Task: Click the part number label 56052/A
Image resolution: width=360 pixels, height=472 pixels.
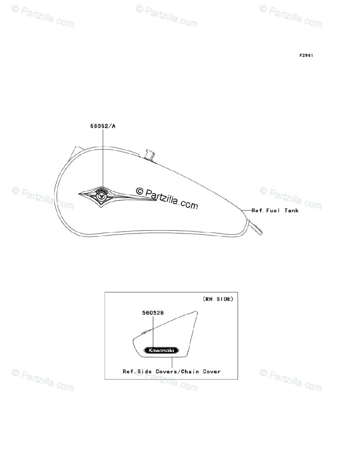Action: point(103,126)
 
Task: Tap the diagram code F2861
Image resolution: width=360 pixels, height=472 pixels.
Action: point(306,55)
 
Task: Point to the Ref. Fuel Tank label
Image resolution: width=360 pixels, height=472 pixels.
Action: point(275,210)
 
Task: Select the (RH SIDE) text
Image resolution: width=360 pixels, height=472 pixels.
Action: point(218,299)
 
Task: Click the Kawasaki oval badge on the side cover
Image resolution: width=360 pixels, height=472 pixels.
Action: point(161,350)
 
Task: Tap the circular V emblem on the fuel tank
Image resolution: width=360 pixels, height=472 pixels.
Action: point(102,195)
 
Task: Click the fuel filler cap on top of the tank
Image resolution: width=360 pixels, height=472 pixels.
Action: point(150,154)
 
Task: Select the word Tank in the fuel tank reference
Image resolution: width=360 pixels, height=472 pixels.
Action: point(291,210)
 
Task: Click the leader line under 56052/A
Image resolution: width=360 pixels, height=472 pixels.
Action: point(103,157)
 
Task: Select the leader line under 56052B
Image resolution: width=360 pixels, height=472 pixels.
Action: point(152,330)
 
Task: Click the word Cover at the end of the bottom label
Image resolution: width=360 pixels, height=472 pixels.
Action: point(212,371)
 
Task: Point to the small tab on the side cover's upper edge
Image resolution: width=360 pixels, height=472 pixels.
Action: point(145,333)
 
